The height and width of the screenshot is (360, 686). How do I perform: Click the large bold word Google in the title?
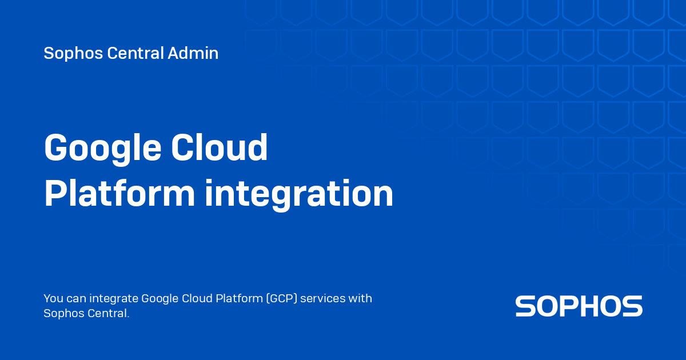pos(101,149)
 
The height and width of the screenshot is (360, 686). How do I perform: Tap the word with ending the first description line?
pos(361,298)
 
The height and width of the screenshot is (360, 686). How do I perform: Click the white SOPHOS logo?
pos(579,306)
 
